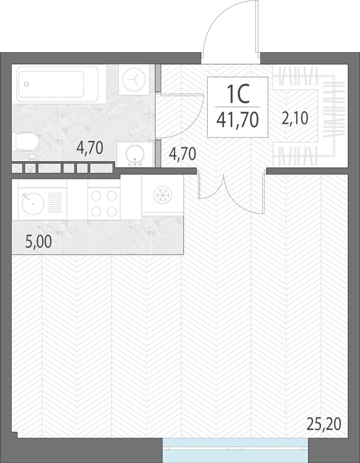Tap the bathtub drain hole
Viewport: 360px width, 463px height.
(27, 84)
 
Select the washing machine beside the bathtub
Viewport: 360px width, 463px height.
(134, 79)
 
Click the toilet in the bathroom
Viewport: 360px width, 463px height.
(27, 142)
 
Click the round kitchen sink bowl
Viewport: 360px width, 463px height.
(33, 204)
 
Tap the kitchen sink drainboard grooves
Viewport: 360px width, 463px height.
(55, 202)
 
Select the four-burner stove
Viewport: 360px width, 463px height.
(104, 204)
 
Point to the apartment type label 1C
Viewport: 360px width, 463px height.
(238, 93)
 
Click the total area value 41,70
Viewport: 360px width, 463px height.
(238, 120)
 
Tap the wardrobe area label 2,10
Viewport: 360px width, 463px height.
(295, 117)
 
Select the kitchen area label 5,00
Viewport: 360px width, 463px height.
(39, 242)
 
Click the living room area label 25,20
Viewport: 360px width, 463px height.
(324, 424)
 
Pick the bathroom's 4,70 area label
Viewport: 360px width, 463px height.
(90, 148)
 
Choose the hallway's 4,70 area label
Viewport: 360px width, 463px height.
(182, 154)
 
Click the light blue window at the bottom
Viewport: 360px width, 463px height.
(235, 450)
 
